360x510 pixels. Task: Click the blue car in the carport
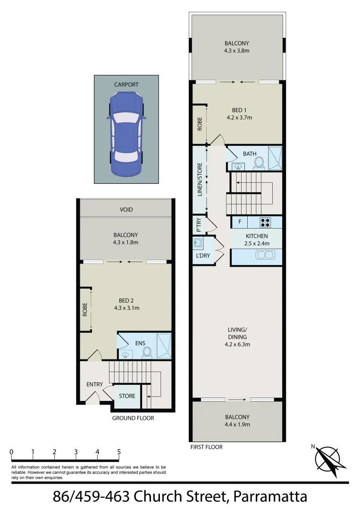(x=126, y=134)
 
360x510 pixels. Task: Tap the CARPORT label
(x=126, y=85)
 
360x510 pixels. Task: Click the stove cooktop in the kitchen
(x=264, y=222)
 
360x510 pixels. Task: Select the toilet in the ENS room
(x=147, y=352)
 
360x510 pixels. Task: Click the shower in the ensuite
(x=164, y=346)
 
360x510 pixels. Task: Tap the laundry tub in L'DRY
(x=198, y=244)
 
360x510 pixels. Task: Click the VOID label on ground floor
(x=126, y=210)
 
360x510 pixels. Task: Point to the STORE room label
(x=127, y=396)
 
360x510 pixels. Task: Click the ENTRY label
(x=94, y=384)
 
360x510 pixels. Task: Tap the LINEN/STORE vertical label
(x=200, y=180)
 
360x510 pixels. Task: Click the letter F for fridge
(x=240, y=222)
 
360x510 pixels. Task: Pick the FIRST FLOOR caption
(x=206, y=447)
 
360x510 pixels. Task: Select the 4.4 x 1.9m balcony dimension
(x=237, y=425)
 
